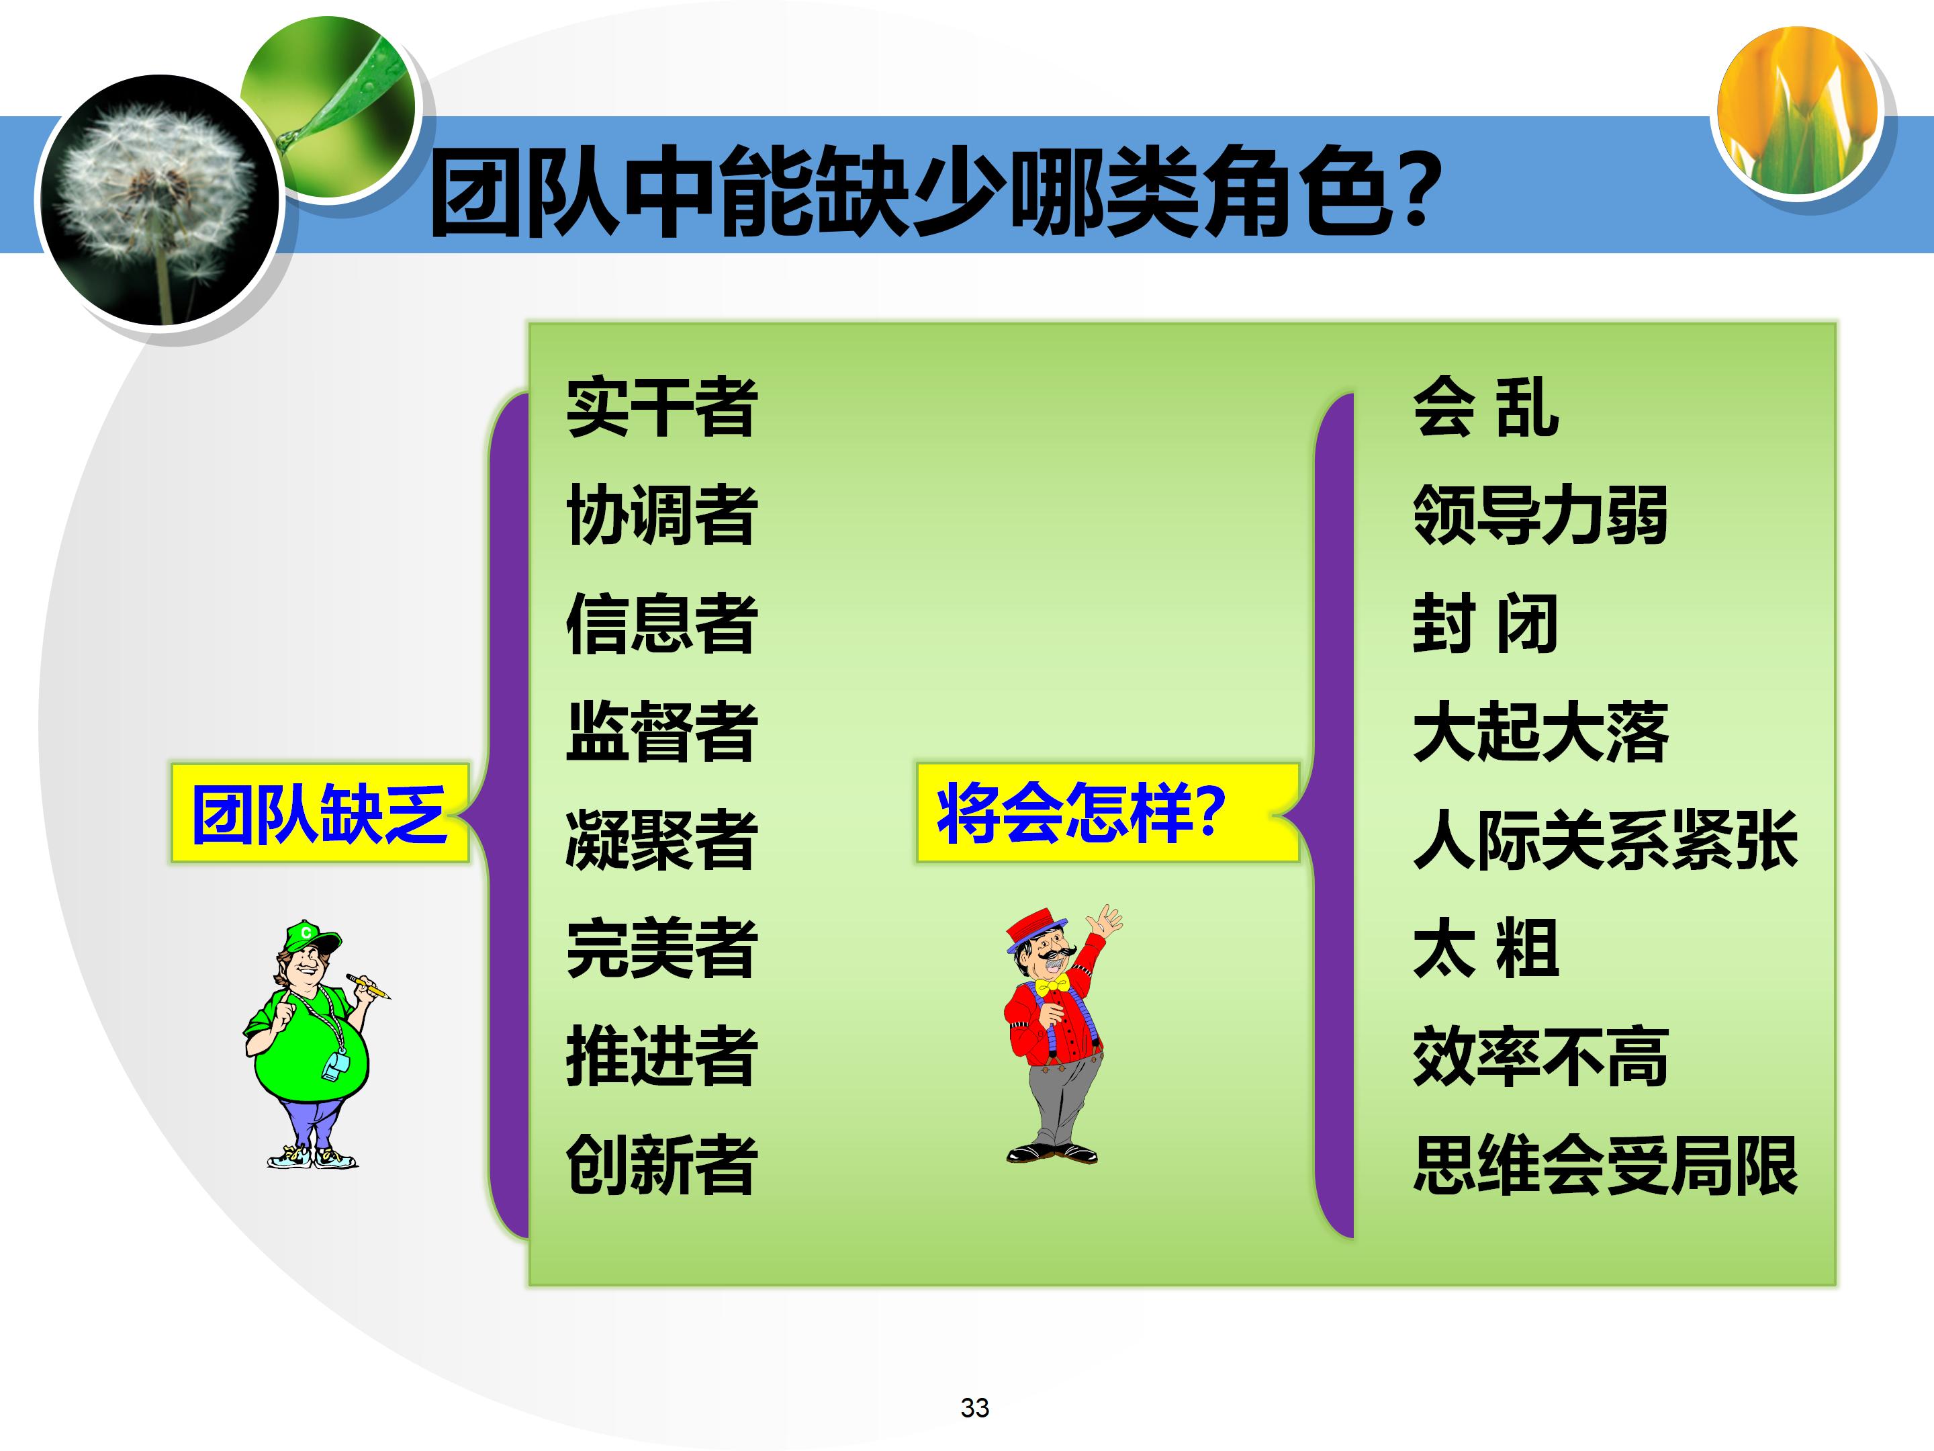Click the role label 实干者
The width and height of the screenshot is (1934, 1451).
click(661, 408)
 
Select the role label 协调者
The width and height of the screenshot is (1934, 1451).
click(661, 515)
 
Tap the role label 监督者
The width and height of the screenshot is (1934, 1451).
click(661, 731)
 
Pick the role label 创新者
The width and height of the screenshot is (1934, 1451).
click(661, 1164)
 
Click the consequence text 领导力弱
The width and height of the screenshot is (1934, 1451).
click(1540, 515)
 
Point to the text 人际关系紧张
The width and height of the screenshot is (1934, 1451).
click(1604, 840)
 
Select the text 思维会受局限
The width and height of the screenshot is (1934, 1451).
click(1604, 1164)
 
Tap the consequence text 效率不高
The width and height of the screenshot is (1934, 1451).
click(1540, 1057)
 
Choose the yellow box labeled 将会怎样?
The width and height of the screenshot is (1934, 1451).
click(1106, 814)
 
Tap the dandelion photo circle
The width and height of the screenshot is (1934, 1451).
click(157, 201)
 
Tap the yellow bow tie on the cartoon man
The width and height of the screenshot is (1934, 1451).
click(1053, 985)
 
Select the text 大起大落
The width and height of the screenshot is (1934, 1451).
click(1540, 731)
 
